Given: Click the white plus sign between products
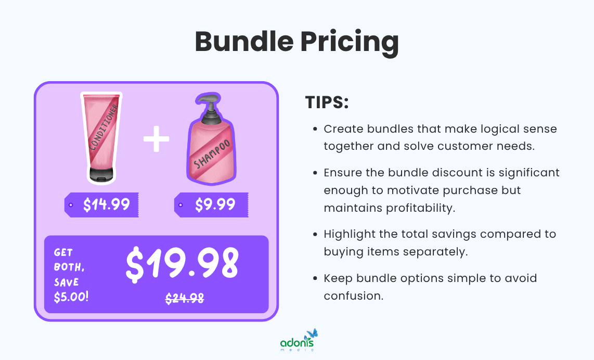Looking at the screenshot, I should [157, 140].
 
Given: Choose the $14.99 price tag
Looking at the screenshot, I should [102, 204].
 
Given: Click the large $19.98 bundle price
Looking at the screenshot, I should [182, 263].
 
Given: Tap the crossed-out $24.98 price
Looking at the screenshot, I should [185, 298].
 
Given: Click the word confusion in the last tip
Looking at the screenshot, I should [353, 295].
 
